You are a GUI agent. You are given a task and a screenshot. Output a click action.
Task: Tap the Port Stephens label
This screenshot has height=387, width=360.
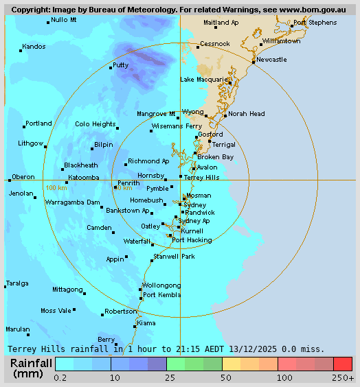315,23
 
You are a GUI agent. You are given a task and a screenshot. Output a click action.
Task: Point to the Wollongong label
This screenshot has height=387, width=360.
161,285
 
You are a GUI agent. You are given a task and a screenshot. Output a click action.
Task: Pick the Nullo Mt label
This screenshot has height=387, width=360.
64,20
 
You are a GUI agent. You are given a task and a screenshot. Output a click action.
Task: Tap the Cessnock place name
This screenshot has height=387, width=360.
214,44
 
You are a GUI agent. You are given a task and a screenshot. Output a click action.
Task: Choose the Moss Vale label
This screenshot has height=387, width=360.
56,311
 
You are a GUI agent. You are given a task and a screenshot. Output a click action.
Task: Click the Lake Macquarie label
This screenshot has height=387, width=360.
203,80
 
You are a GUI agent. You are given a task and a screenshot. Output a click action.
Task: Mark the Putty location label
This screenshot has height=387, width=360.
120,65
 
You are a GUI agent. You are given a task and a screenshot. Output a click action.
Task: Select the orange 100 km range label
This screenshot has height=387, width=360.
56,187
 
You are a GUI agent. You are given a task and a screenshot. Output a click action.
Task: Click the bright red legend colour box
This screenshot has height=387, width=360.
343,364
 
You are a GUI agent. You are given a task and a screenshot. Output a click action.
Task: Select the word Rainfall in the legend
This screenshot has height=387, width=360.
30,362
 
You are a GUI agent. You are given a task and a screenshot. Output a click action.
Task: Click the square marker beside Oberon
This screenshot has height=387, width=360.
10,180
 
